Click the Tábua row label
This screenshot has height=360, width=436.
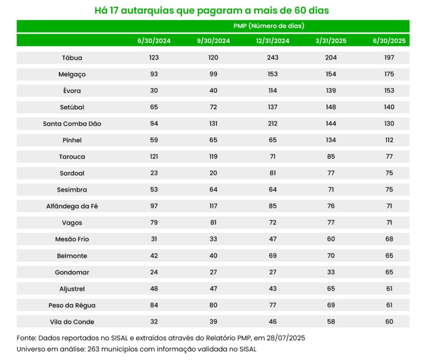pos(72,58)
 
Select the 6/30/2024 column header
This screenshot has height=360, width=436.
pos(154,40)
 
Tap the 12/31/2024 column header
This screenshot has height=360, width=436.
pos(272,40)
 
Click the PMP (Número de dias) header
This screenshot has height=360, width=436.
pos(269,26)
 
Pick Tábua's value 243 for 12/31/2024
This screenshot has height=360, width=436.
pos(272,58)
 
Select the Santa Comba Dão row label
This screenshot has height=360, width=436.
pos(72,123)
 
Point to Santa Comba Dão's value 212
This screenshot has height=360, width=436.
pos(272,123)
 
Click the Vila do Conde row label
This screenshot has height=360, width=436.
pos(72,322)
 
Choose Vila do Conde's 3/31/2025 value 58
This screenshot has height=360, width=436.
pos(331,322)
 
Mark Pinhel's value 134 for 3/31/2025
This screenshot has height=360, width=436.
pos(331,140)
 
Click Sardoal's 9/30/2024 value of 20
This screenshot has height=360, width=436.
pos(213,173)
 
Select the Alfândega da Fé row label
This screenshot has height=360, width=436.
pos(72,206)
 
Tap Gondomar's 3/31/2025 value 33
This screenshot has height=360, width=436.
pos(331,272)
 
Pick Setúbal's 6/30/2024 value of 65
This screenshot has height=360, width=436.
pos(154,107)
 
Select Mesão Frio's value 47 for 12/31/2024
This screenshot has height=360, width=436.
pos(272,239)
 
